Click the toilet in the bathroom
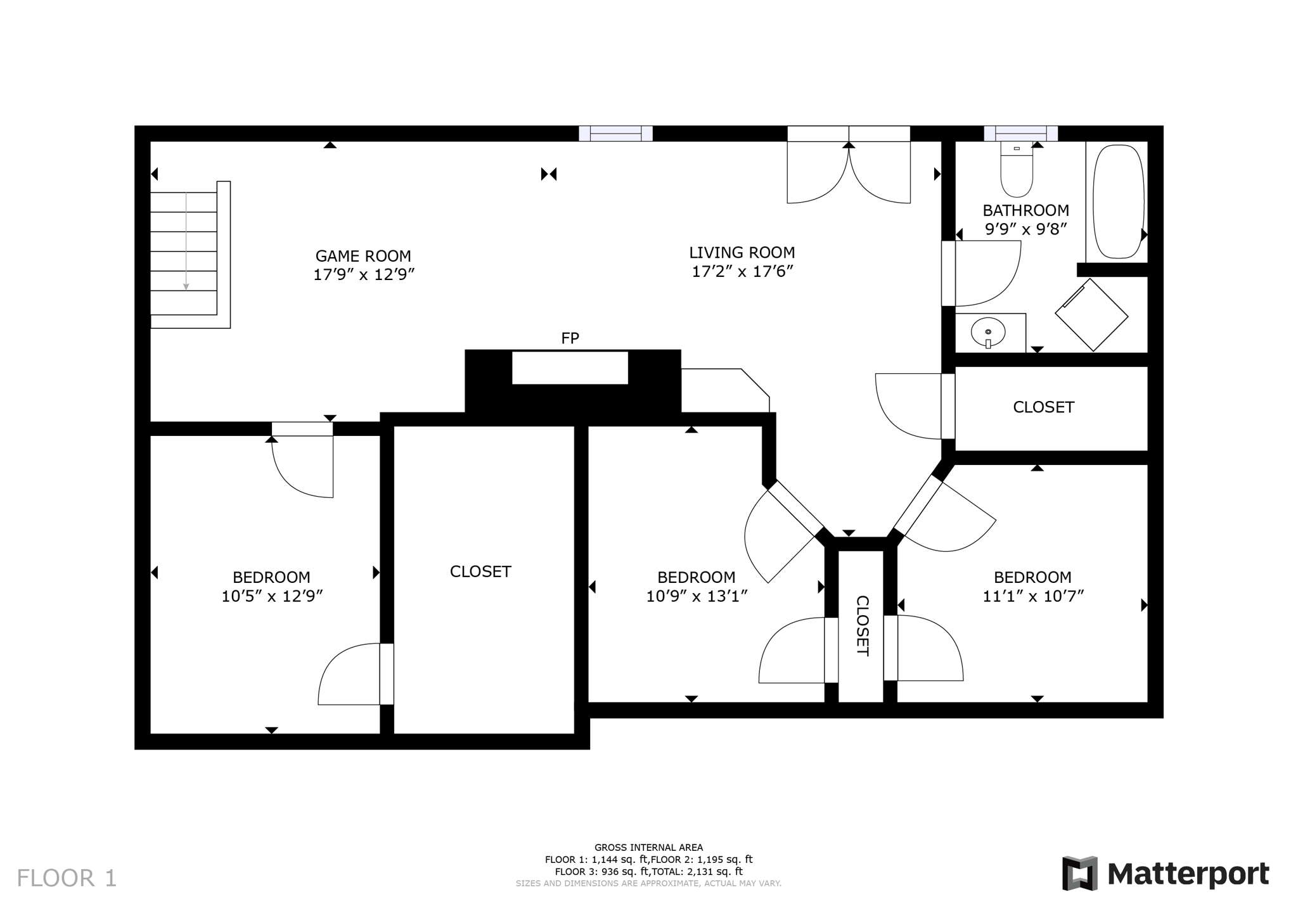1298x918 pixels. pyautogui.click(x=1017, y=171)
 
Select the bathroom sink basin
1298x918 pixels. pyautogui.click(x=987, y=332)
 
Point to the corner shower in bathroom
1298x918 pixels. pyautogui.click(x=1091, y=314)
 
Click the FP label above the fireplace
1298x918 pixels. pyautogui.click(x=570, y=338)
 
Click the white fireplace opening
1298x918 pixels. pyautogui.click(x=570, y=367)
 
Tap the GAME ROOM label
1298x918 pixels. pyautogui.click(x=363, y=256)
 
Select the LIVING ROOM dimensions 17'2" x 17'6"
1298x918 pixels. pyautogui.click(x=742, y=272)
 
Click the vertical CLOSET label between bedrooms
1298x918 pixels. pyautogui.click(x=862, y=625)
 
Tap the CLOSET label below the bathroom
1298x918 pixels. pyautogui.click(x=1043, y=407)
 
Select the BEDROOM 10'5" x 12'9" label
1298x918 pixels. pyautogui.click(x=271, y=577)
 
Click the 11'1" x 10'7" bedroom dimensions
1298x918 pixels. pyautogui.click(x=1033, y=596)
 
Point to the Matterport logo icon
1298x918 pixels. pyautogui.click(x=1080, y=874)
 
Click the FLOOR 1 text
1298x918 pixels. pyautogui.click(x=67, y=878)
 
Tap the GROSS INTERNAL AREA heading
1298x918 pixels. pyautogui.click(x=648, y=847)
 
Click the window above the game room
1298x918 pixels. pyautogui.click(x=615, y=133)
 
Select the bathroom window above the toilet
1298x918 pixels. pyautogui.click(x=1020, y=133)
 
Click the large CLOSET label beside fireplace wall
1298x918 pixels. pyautogui.click(x=480, y=571)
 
